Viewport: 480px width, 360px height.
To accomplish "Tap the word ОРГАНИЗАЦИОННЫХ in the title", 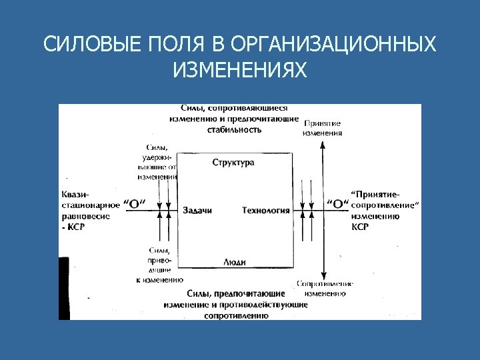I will (335, 45).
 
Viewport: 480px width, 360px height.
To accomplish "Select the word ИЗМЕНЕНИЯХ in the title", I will (239, 69).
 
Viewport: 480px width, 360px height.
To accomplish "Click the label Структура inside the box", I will (233, 163).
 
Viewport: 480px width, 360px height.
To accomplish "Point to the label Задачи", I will (197, 211).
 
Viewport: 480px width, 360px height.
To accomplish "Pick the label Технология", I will (265, 211).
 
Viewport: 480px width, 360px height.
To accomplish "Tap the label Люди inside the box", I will (234, 262).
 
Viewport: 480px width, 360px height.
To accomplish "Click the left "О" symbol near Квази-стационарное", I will (135, 205).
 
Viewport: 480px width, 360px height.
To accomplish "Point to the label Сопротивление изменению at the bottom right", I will (324, 288).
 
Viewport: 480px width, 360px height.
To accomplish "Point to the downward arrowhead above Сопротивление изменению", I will (323, 274).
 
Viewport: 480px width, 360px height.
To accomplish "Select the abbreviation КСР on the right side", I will (360, 227).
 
